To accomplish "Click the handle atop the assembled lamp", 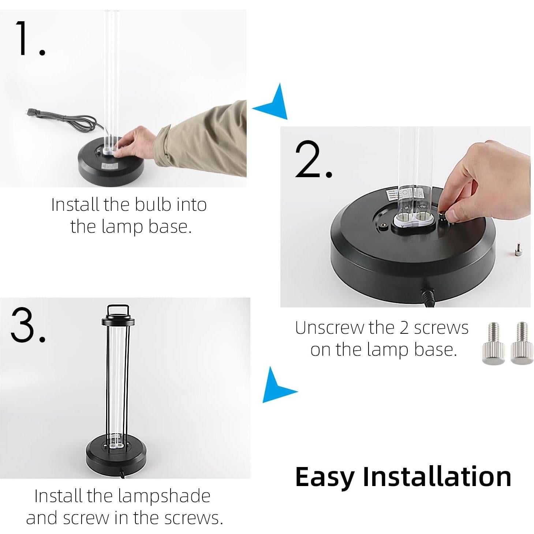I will pyautogui.click(x=118, y=310).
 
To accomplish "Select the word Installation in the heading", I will pyautogui.click(x=437, y=477).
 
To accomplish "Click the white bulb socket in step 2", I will pyautogui.click(x=413, y=221).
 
